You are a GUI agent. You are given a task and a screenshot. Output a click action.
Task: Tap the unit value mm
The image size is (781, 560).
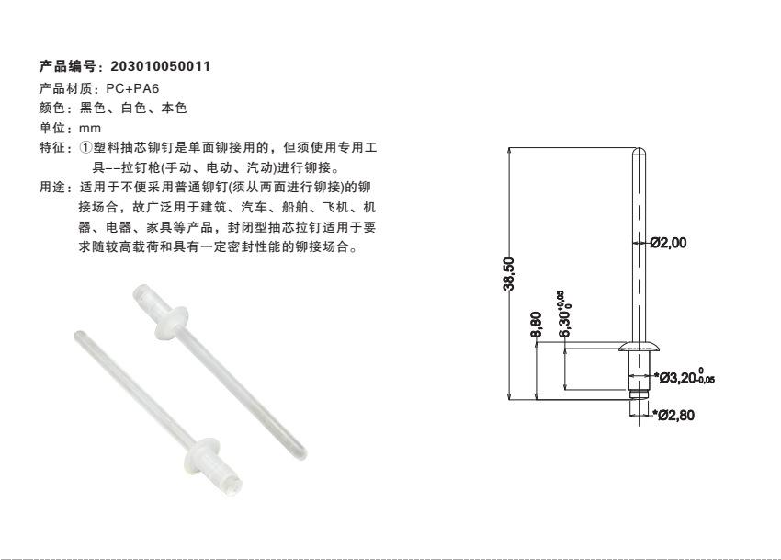90,128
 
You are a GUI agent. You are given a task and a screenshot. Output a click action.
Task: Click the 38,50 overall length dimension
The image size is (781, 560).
508,274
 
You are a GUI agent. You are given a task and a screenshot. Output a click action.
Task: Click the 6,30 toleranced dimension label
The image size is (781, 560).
563,314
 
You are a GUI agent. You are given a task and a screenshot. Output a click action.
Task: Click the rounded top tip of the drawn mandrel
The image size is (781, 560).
639,150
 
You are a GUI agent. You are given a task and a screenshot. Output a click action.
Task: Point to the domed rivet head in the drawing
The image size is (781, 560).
639,346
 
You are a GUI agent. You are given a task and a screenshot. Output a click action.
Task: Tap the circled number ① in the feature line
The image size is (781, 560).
85,148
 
